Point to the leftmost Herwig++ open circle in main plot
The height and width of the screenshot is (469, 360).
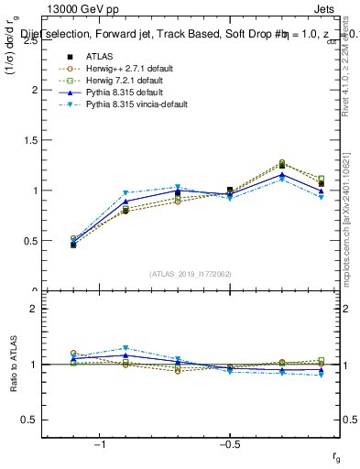point(73,239)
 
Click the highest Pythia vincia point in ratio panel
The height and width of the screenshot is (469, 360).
point(125,348)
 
